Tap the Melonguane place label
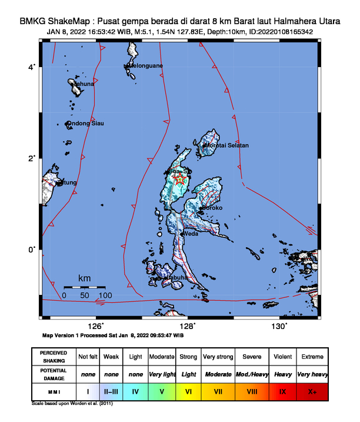click(x=144, y=65)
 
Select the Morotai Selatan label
click(x=226, y=145)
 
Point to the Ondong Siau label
click(x=86, y=124)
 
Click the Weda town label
click(x=191, y=234)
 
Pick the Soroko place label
click(x=212, y=208)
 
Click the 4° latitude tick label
click(x=32, y=67)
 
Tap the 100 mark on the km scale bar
click(x=105, y=295)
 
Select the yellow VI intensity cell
click(x=189, y=390)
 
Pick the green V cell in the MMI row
click(x=162, y=390)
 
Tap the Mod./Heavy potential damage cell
click(x=252, y=374)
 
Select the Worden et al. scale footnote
click(x=71, y=404)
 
